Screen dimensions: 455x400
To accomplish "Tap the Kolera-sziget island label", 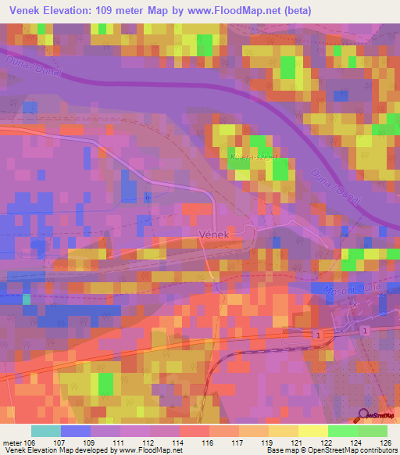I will [x=247, y=158].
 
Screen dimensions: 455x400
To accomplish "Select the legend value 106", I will [x=28, y=442].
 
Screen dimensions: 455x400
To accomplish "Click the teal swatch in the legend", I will [x=46, y=431].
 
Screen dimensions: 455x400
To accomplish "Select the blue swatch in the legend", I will [x=76, y=431].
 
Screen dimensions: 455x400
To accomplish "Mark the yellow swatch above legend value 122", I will [x=313, y=431].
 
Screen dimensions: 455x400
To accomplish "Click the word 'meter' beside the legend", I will [x=11, y=442].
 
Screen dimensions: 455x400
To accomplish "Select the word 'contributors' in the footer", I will [x=377, y=450].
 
